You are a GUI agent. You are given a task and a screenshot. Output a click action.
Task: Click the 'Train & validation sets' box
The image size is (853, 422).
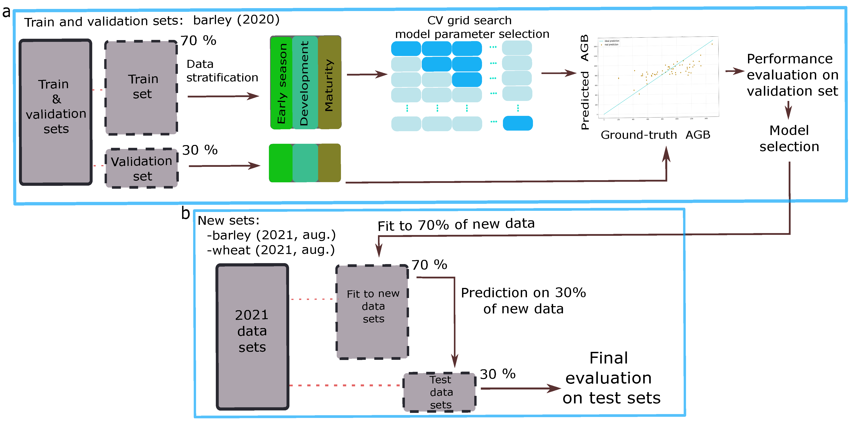tap(56, 112)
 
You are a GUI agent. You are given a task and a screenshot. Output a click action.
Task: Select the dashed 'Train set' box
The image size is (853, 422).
tap(141, 87)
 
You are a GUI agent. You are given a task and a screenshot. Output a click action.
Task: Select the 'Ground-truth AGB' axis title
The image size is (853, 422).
tap(655, 135)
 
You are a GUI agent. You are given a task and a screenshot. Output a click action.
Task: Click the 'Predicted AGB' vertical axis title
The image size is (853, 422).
tap(585, 82)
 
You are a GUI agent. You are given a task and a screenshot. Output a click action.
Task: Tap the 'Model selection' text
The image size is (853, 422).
tap(789, 139)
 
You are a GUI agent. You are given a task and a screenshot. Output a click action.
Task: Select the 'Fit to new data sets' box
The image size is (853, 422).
tap(373, 311)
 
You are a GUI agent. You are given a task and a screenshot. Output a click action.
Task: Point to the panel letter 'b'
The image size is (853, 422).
tap(185, 213)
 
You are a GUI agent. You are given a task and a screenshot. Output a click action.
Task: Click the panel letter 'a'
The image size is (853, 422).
tap(6, 12)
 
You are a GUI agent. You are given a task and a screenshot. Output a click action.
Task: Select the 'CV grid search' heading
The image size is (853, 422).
tap(469, 21)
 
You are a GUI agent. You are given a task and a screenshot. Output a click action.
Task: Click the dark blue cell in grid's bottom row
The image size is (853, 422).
tap(518, 123)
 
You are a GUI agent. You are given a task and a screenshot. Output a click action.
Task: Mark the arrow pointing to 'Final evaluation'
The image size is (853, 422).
tap(520, 388)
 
